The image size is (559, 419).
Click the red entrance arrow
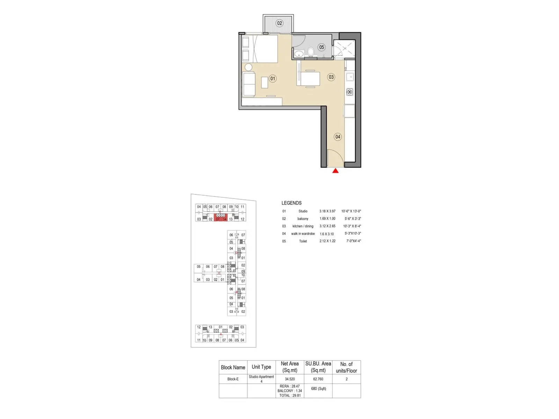pos(335,171)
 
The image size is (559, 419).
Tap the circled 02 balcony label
pos(279,23)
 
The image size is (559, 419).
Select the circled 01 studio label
pos(273,79)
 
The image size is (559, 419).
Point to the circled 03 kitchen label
pos(331,77)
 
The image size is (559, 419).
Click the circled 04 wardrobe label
pos(337,137)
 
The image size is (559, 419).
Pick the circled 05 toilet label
pos(321,47)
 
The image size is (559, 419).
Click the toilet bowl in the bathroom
pos(311,52)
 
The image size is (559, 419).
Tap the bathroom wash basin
pos(299,54)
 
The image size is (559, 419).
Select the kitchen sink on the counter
pos(350,77)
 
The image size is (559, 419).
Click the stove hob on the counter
pos(350,92)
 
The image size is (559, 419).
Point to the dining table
pos(310,79)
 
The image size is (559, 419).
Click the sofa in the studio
pos(249,84)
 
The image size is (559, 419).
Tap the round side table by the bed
pos(248,67)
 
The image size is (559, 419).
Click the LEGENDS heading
pos(291,203)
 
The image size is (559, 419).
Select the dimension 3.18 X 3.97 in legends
pos(327,211)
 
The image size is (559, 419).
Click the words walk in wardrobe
pos(303,234)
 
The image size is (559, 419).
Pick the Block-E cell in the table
pos(233,379)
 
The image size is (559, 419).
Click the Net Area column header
pos(290,367)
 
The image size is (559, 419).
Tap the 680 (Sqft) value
pos(319,388)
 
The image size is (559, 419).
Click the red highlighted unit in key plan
pos(221,218)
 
